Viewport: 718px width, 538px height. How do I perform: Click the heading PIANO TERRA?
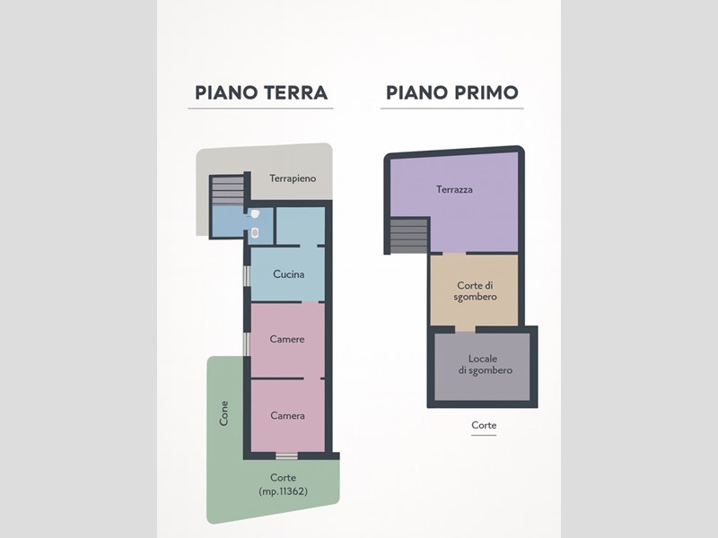(x=261, y=92)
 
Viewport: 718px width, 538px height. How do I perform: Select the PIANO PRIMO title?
(x=452, y=92)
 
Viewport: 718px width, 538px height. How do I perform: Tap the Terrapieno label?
(x=293, y=178)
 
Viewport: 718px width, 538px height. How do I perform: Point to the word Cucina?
(x=288, y=274)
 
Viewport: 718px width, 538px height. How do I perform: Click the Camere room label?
(x=287, y=339)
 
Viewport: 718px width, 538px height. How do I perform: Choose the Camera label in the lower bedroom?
(x=287, y=415)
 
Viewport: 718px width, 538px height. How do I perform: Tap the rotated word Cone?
(x=223, y=413)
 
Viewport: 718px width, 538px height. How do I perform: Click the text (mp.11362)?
(x=283, y=491)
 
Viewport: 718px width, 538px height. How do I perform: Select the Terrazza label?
(x=454, y=189)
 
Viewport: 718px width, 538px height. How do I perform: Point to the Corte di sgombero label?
(x=476, y=291)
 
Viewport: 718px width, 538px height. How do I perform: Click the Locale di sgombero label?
(x=485, y=365)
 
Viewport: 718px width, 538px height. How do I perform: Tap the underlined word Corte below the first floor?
(x=484, y=425)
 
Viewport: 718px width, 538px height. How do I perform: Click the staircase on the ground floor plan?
(x=228, y=191)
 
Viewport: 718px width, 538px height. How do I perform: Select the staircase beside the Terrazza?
(x=409, y=236)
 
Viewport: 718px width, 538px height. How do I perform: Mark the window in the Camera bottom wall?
(x=286, y=456)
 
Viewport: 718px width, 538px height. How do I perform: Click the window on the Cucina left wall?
(x=246, y=276)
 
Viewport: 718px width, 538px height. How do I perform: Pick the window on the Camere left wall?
(x=246, y=344)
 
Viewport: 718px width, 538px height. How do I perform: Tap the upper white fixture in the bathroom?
(x=255, y=213)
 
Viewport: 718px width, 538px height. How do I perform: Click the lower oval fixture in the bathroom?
(x=255, y=233)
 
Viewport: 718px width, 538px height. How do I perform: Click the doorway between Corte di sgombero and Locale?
(x=465, y=329)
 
